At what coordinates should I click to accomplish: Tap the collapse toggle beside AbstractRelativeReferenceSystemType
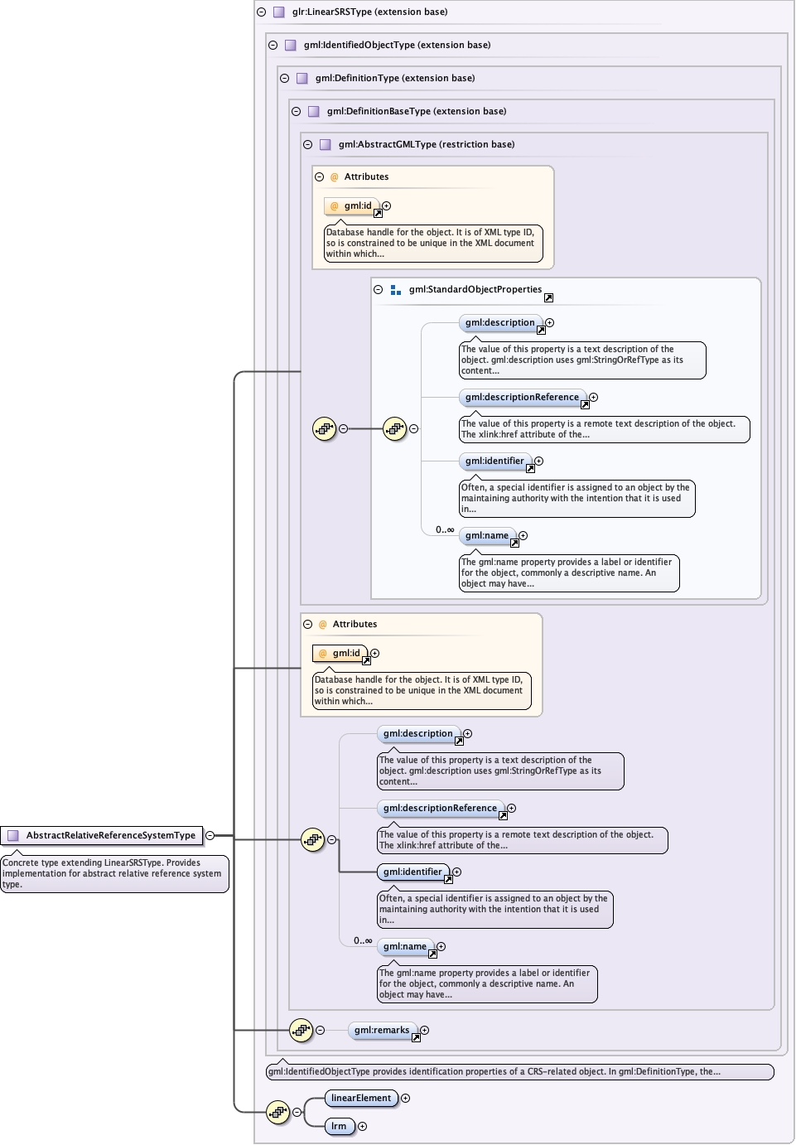(x=210, y=835)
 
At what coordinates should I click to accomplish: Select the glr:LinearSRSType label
(x=369, y=12)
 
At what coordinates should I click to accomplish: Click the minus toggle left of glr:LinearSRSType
(x=261, y=12)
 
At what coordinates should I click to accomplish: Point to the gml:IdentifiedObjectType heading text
(x=397, y=45)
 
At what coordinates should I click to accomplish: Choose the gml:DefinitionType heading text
(x=395, y=78)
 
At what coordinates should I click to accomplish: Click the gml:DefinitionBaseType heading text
(x=417, y=111)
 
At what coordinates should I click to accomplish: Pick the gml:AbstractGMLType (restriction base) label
(x=427, y=144)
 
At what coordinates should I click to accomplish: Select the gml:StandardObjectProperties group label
(x=475, y=289)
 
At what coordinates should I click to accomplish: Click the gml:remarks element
(x=382, y=1030)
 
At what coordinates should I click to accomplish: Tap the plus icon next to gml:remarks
(x=424, y=1030)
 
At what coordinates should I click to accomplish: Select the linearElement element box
(x=360, y=1098)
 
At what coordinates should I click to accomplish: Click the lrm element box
(x=339, y=1126)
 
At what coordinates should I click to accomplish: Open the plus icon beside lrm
(x=362, y=1126)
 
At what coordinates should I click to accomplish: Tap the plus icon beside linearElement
(x=405, y=1098)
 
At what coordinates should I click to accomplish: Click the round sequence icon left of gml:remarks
(x=301, y=1030)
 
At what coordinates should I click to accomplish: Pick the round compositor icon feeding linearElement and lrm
(x=277, y=1112)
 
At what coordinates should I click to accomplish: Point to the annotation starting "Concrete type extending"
(x=113, y=873)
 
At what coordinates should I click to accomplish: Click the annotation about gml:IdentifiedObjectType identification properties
(x=519, y=1071)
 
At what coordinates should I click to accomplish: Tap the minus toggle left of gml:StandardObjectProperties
(x=378, y=290)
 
